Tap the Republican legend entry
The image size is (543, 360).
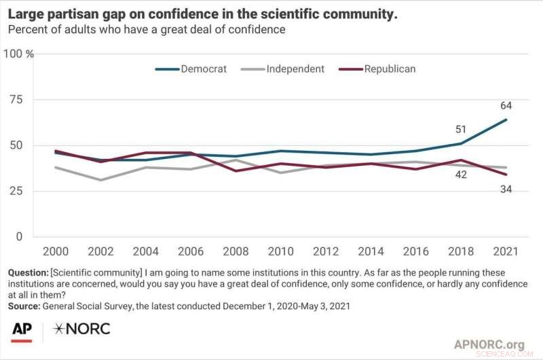pos(390,69)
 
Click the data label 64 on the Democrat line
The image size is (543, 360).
pos(506,105)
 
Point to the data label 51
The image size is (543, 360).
pos(461,130)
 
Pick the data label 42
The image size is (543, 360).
pos(461,174)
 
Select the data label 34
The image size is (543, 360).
pos(506,189)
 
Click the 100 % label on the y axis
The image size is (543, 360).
pos(20,54)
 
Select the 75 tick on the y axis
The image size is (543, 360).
pos(15,100)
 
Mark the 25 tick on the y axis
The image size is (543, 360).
pos(15,191)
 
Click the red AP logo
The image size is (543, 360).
pos(22,331)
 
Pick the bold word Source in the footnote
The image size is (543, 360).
pos(24,307)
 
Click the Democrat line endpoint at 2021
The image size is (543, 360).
pos(506,120)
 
